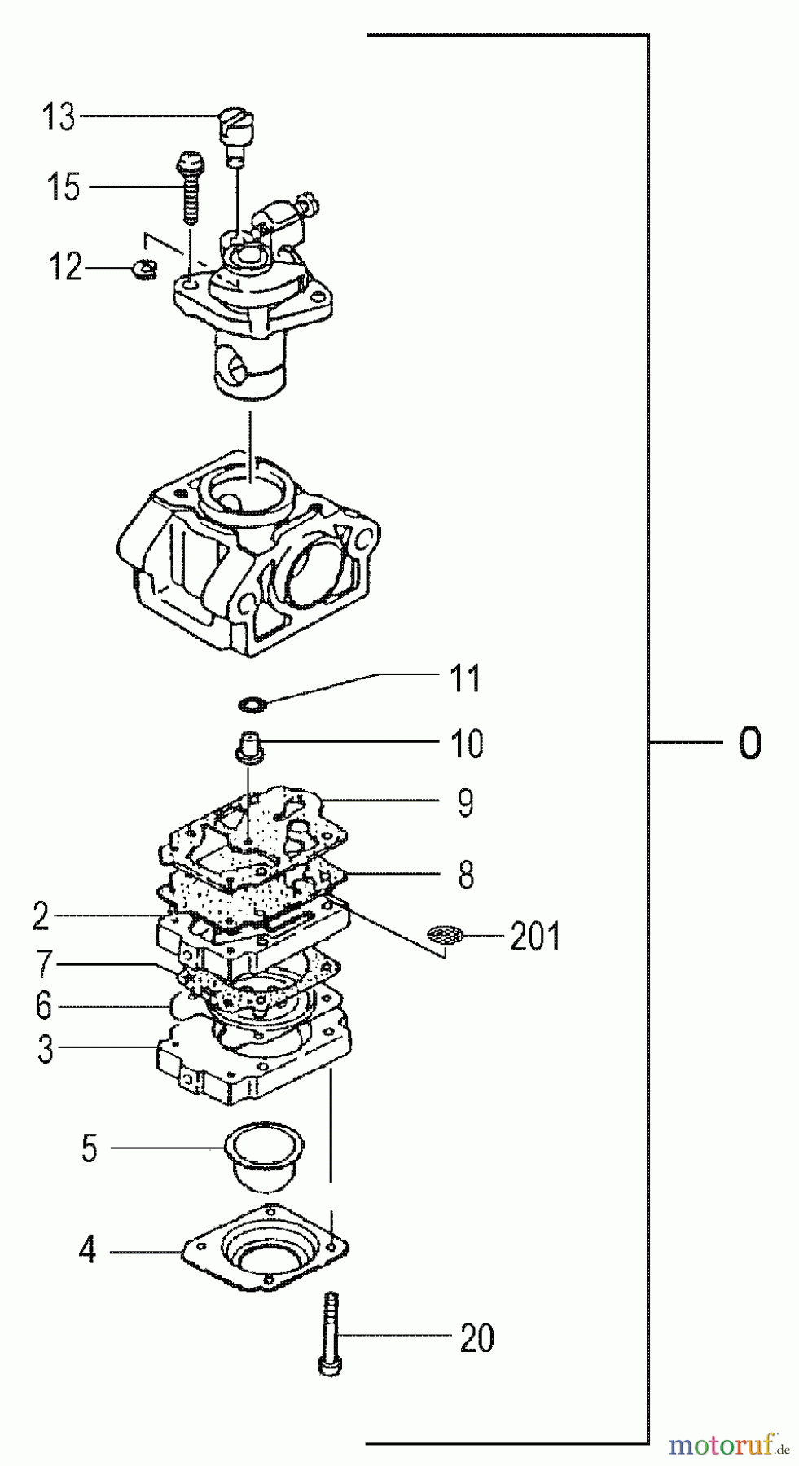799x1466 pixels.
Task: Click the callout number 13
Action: (59, 117)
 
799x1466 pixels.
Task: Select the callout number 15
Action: (63, 187)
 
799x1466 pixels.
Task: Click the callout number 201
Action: (535, 937)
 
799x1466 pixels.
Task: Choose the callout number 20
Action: (476, 1338)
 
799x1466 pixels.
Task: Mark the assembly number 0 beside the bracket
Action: (749, 743)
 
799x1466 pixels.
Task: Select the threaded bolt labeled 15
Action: (189, 189)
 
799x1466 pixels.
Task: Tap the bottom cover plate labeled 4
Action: (266, 1246)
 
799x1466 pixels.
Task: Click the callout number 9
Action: (465, 803)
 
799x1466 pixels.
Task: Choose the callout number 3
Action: (46, 1048)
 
